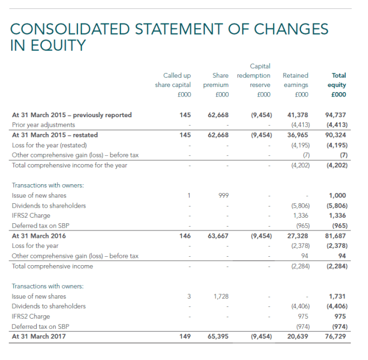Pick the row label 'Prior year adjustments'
43,124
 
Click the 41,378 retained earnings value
298,115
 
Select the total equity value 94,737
336,115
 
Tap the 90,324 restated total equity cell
336,135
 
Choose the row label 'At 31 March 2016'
38,236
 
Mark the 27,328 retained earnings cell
298,236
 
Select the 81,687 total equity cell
336,236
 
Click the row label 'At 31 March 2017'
38,337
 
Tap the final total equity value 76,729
336,337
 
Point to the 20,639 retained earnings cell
298,337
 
